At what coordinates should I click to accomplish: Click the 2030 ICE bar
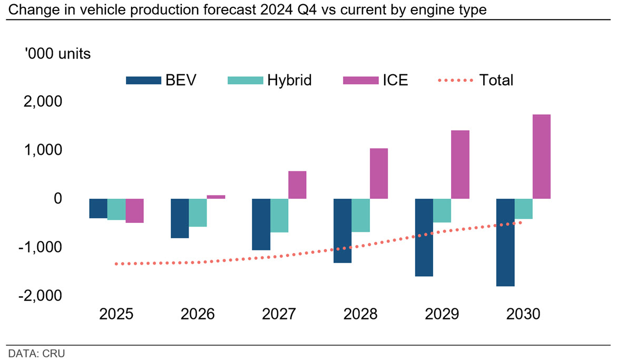[x=542, y=157]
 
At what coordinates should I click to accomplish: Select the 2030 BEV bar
[x=505, y=242]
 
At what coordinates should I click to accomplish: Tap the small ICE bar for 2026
[x=216, y=197]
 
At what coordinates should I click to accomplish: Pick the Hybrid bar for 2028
[x=360, y=215]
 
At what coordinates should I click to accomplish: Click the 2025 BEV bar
[x=99, y=208]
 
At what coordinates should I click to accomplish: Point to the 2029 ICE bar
[x=460, y=164]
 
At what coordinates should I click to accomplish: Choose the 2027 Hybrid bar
[x=279, y=216]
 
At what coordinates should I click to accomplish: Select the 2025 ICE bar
[x=134, y=210]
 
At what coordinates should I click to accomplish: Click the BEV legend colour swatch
[x=144, y=80]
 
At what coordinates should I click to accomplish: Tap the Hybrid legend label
[x=289, y=80]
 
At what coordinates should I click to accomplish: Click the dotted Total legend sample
[x=455, y=80]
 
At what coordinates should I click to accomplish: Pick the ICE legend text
[x=396, y=80]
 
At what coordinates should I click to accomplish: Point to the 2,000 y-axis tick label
[x=43, y=102]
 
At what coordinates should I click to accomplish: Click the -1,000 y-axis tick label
[x=40, y=247]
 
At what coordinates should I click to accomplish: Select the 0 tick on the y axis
[x=58, y=199]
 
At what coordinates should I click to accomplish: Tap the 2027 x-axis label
[x=279, y=314]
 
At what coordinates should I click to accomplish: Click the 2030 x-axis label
[x=523, y=314]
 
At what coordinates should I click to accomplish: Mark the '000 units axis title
[x=57, y=54]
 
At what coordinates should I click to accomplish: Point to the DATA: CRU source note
[x=36, y=353]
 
